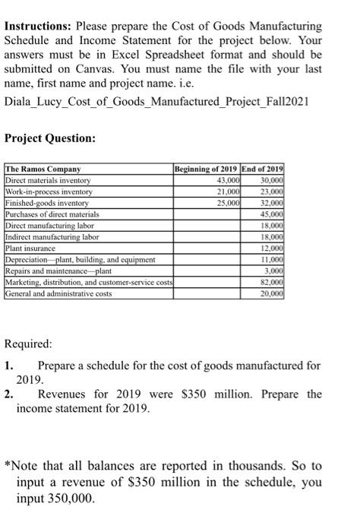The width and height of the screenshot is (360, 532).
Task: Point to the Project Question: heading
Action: click(50, 138)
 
